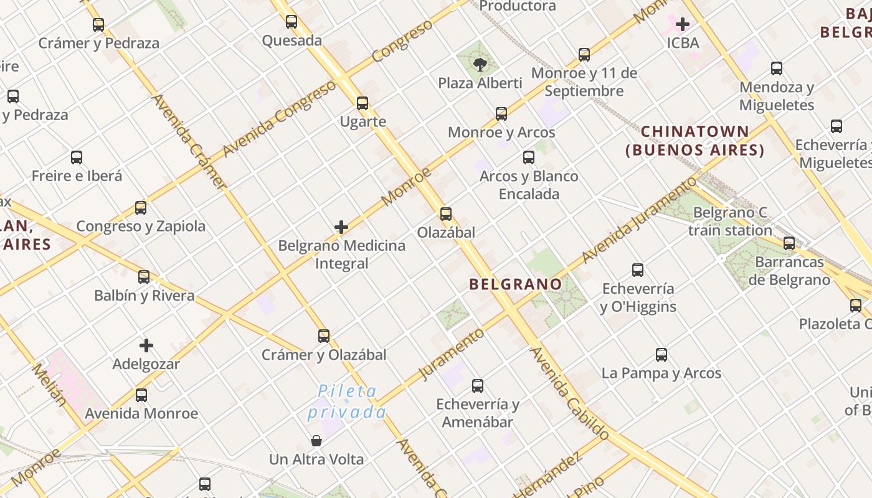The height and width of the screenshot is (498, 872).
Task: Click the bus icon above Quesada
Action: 291,22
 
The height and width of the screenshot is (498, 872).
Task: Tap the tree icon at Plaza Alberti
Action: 480,63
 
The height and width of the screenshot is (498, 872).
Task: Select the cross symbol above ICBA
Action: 683,24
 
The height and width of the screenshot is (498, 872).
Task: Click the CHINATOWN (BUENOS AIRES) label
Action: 695,141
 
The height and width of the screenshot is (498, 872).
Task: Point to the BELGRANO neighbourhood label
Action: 515,284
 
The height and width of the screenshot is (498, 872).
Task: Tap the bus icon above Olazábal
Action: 446,214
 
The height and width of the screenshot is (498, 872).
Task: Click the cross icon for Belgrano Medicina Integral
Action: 341,227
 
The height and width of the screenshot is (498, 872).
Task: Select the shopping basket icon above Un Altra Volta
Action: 316,441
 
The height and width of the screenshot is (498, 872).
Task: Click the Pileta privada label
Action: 347,402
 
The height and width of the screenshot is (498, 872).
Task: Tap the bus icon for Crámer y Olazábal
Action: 324,336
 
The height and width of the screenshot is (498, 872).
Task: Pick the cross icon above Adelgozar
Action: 146,345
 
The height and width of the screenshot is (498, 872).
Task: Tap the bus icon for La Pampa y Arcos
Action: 661,355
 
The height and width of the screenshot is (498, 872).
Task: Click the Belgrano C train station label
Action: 730,222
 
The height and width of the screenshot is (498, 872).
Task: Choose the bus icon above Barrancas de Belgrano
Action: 789,243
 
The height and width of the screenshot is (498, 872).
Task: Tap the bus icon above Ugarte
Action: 363,103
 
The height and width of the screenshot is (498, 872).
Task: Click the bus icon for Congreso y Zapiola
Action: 141,208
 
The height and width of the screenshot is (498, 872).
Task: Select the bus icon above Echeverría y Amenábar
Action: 478,386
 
